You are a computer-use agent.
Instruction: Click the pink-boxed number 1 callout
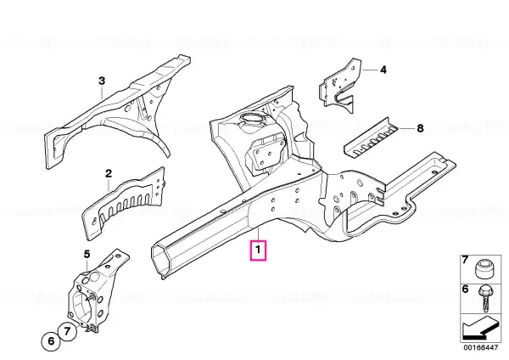[x=258, y=250]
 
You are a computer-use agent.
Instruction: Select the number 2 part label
[x=109, y=173]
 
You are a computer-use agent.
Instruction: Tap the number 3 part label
[x=102, y=81]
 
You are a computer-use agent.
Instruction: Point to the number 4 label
[x=383, y=70]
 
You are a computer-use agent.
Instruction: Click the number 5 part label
[x=87, y=254]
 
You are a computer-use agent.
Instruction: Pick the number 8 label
[x=420, y=129]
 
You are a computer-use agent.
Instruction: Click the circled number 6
[x=51, y=341]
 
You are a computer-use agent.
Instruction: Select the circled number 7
[x=67, y=331]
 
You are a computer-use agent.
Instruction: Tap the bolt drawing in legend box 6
[x=485, y=297]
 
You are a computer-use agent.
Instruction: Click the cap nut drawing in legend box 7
[x=483, y=268]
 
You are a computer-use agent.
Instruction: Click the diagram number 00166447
[x=480, y=347]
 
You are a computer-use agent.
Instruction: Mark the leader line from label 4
[x=369, y=70]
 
